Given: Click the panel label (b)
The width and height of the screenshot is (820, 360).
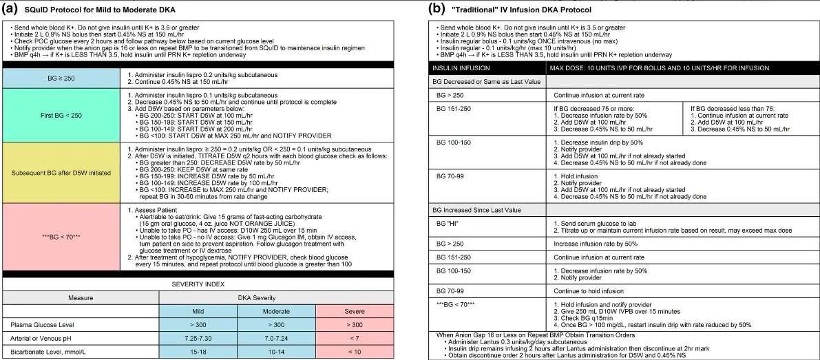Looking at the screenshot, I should [x=437, y=9].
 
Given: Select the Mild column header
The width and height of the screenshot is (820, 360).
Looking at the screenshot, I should [x=198, y=310].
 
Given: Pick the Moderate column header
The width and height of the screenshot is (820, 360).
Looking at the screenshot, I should [x=276, y=310].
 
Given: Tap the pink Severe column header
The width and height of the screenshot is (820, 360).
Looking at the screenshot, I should [x=354, y=310].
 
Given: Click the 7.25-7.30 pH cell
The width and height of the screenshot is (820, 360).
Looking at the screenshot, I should [x=198, y=337].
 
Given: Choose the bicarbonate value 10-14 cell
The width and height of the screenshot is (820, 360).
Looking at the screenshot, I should [x=276, y=351].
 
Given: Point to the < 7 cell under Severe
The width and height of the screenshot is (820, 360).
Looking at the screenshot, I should [x=354, y=337].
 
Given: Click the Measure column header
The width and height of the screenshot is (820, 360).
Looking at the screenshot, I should [x=81, y=297].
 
